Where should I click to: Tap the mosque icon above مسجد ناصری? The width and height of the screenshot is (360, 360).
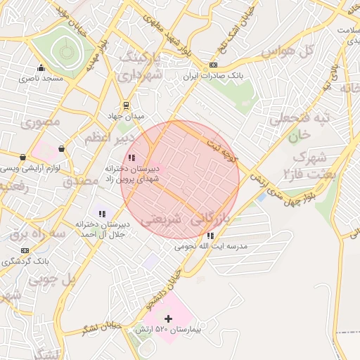click(41, 68)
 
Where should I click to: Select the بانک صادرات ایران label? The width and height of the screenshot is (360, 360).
click(212, 75)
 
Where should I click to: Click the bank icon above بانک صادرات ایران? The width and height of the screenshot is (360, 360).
click(213, 65)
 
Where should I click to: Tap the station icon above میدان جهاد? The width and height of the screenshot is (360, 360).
click(126, 105)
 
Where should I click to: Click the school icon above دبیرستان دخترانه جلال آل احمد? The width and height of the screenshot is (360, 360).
click(102, 213)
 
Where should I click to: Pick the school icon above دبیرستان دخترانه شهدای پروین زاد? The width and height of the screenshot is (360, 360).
click(131, 158)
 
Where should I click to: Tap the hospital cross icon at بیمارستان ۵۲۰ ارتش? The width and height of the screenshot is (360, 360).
click(167, 319)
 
